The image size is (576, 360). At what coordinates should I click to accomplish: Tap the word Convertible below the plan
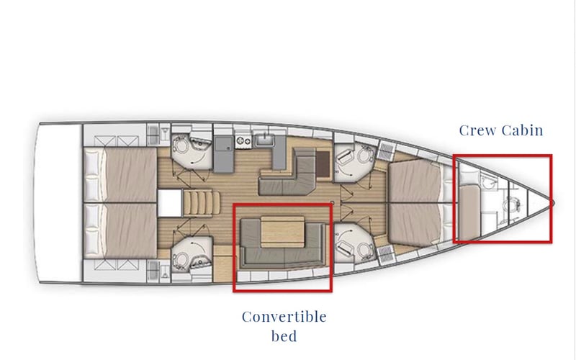click(x=284, y=317)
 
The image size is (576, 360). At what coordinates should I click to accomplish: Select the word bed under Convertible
click(x=284, y=336)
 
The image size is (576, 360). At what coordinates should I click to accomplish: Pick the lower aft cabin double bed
click(x=119, y=230)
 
